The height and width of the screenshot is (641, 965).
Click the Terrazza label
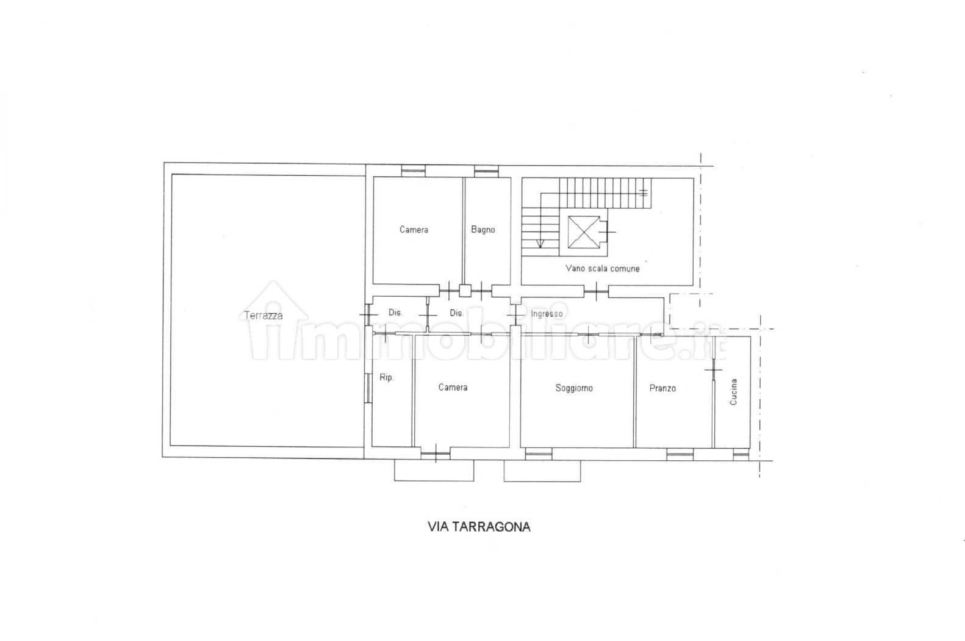(264, 315)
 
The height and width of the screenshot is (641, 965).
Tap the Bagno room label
(483, 230)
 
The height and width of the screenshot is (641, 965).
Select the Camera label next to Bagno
(414, 230)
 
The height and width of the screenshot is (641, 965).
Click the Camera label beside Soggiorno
(453, 388)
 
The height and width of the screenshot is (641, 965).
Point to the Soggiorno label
(574, 388)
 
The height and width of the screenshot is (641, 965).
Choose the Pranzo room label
(662, 388)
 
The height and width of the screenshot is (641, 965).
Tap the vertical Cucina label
(734, 392)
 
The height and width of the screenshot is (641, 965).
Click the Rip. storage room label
(387, 378)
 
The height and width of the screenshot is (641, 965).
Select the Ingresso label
(547, 314)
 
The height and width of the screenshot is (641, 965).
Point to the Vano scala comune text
(602, 269)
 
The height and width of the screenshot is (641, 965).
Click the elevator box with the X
(584, 233)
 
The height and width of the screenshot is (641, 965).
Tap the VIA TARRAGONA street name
(479, 527)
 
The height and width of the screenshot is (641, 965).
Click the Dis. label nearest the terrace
(395, 313)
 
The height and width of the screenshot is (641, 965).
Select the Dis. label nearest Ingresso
(456, 313)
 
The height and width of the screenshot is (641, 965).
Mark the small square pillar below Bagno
(465, 291)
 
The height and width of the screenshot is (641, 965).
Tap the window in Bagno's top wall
(486, 171)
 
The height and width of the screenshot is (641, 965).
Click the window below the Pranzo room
(680, 454)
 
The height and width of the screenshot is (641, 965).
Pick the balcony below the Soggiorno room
(542, 471)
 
